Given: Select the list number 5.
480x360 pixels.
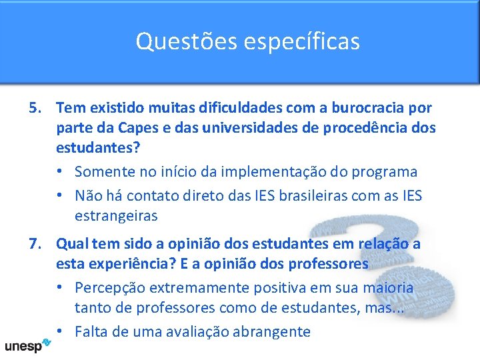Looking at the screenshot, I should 36,107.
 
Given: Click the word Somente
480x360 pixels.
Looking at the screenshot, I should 105,171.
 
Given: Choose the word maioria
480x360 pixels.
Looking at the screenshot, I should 388,288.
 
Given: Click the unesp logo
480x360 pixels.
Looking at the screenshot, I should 27,346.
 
